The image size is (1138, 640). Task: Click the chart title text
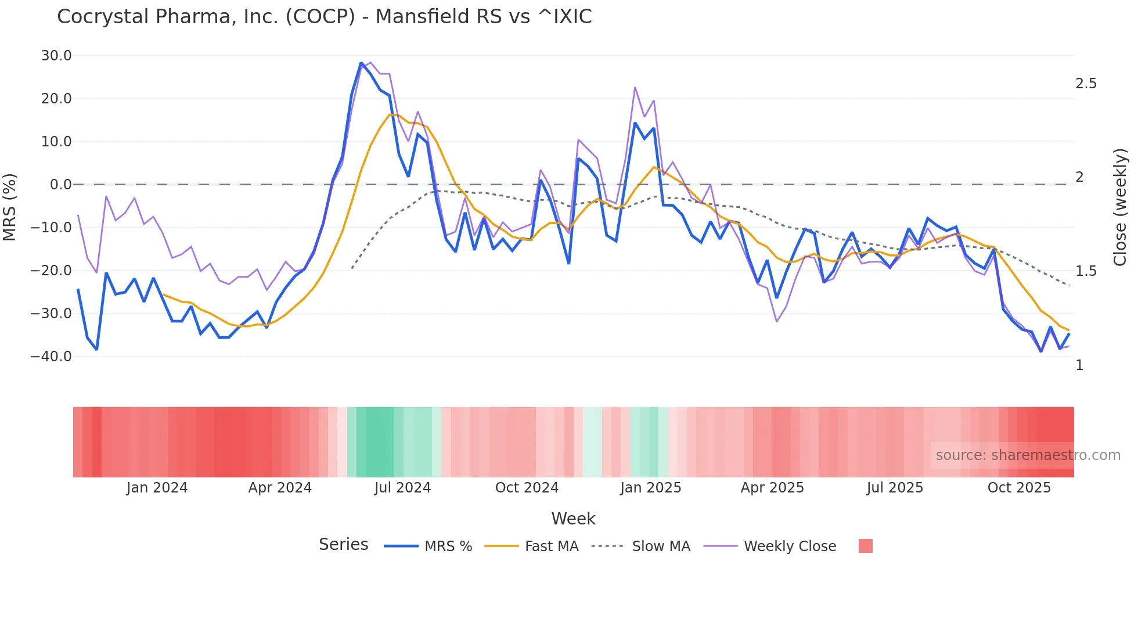324,17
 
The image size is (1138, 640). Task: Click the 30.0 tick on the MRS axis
56,56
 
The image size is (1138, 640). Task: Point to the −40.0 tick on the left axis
51,357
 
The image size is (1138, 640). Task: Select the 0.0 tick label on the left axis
60,185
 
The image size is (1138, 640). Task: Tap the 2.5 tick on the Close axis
1086,84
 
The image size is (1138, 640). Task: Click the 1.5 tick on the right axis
1086,271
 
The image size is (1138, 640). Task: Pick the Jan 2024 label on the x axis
157,488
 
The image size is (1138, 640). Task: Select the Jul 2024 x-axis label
402,488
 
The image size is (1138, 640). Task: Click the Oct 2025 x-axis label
1019,488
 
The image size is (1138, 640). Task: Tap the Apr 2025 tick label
772,488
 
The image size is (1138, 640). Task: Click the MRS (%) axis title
10,207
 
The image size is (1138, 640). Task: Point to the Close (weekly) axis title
1120,207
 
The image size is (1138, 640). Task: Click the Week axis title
573,519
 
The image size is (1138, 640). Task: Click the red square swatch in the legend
865,546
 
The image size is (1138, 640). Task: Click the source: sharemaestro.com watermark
1028,455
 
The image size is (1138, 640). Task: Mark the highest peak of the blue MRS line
361,63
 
